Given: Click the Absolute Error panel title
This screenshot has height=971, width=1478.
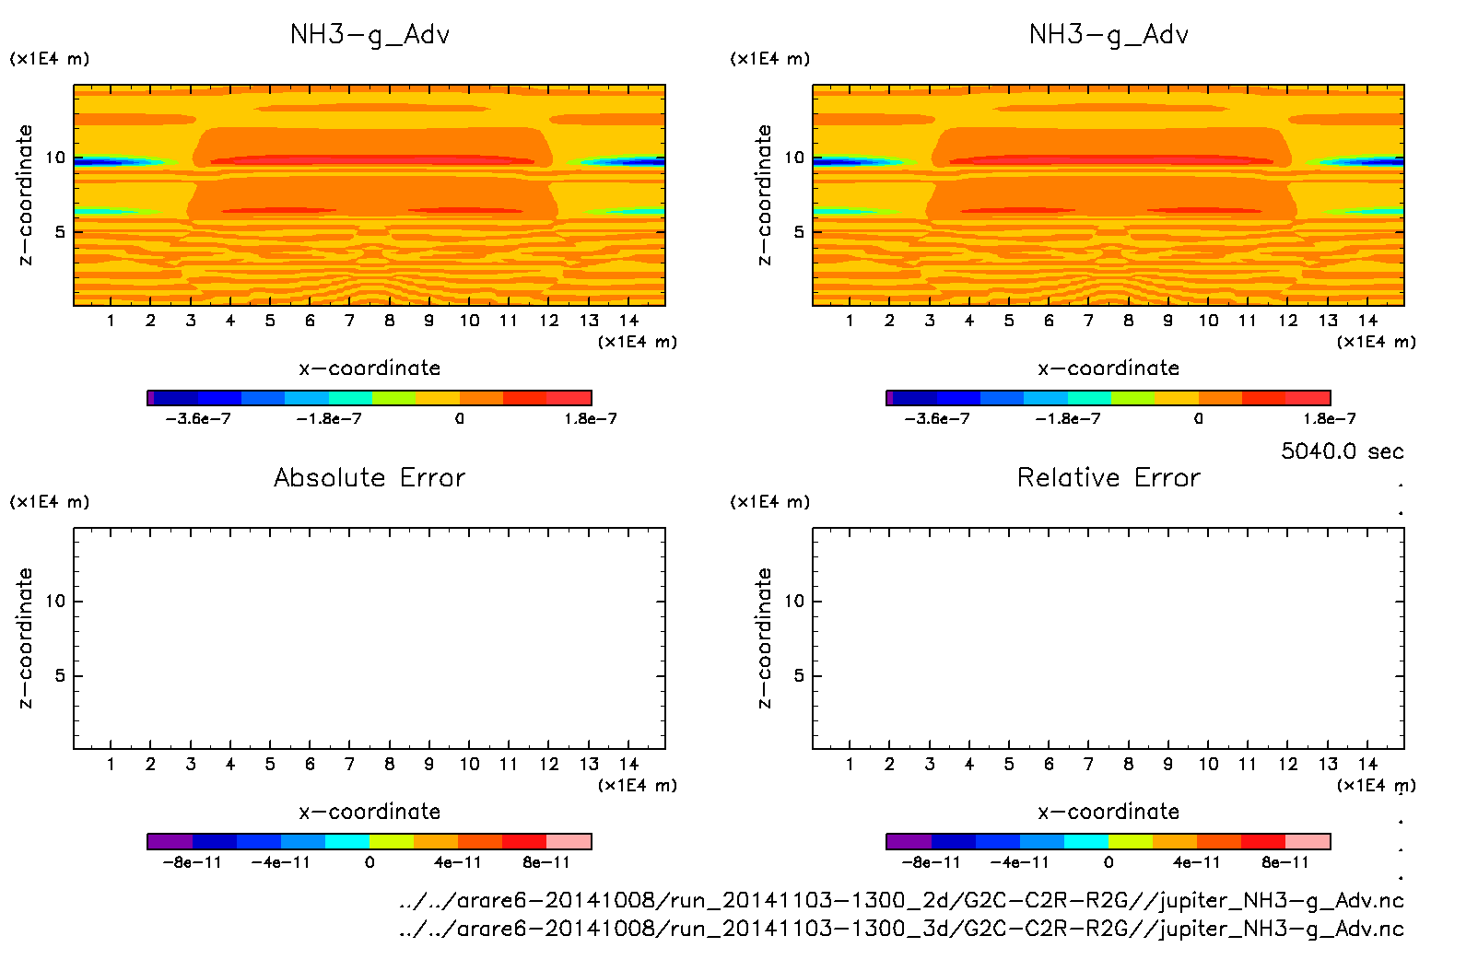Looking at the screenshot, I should coord(369,477).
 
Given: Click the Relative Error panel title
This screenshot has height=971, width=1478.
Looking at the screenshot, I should coord(1108,477).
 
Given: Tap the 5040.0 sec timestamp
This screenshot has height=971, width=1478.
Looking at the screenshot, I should coord(1342,451).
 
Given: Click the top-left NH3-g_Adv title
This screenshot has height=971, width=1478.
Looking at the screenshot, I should coord(369,35).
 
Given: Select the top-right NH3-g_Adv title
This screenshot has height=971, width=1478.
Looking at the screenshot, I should coord(1108,35).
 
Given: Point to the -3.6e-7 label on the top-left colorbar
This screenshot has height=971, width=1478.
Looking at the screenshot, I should coord(198,419).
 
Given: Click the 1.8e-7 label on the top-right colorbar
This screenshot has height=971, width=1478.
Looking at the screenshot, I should coord(1330,419).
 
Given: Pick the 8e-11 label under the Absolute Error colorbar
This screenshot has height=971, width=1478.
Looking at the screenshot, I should coord(546,863).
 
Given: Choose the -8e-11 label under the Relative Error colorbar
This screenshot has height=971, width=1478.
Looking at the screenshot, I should coord(931,863).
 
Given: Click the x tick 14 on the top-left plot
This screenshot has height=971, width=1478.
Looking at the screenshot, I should coord(628,321).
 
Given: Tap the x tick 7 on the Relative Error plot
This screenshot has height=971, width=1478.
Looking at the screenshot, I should coord(1088,765).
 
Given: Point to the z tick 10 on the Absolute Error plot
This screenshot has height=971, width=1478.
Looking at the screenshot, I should coord(56,602).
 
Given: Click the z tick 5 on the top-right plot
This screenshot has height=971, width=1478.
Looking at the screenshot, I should coord(799,232).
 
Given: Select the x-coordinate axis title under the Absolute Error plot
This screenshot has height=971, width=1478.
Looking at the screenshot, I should coord(369,812).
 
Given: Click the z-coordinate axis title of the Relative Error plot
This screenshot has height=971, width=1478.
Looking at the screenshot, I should coord(764,638).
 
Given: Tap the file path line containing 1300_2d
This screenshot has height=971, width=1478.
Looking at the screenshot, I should coord(901,900).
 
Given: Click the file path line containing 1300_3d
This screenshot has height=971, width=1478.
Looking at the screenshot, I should coord(901,929).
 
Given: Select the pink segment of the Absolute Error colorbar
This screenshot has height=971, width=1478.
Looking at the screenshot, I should coord(569,841).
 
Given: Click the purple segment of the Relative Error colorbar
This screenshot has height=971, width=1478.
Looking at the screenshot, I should coord(909,841).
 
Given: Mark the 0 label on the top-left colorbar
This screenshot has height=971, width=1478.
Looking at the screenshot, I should coord(459,419).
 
